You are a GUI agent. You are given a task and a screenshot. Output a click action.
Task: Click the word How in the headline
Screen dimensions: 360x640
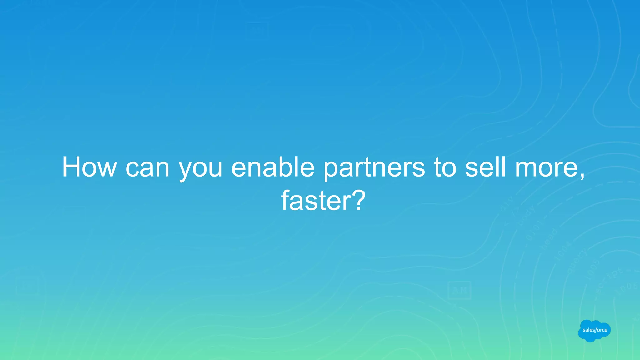coord(89,167)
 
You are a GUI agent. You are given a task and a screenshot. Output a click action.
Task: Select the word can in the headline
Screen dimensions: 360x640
coord(147,168)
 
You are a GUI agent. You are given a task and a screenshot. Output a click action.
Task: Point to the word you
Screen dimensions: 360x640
coord(200,169)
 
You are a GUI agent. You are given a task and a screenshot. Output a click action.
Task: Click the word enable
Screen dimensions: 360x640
coord(272,167)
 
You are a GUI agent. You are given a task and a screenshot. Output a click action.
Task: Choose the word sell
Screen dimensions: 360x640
coord(485,167)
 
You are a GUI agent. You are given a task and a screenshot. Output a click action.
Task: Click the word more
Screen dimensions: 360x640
coord(546,168)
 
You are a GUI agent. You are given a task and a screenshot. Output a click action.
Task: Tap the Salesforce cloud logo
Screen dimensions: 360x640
coord(594,330)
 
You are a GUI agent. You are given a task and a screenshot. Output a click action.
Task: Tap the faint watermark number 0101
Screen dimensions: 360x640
coord(535,230)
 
